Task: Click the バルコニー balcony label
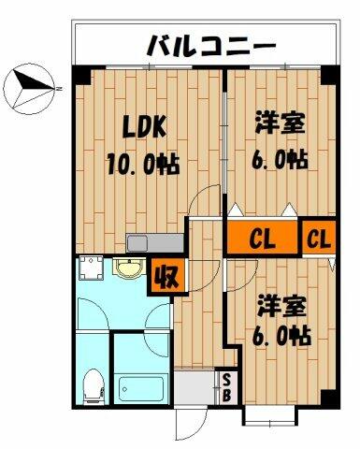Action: coord(209,45)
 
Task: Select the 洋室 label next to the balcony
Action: coord(281,123)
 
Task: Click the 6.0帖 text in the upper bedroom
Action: coord(281,159)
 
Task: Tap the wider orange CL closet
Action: coord(263,238)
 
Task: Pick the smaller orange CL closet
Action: coord(319,238)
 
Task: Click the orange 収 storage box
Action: coord(166,276)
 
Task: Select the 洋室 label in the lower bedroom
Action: coord(281,305)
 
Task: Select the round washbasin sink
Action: coord(125,271)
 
